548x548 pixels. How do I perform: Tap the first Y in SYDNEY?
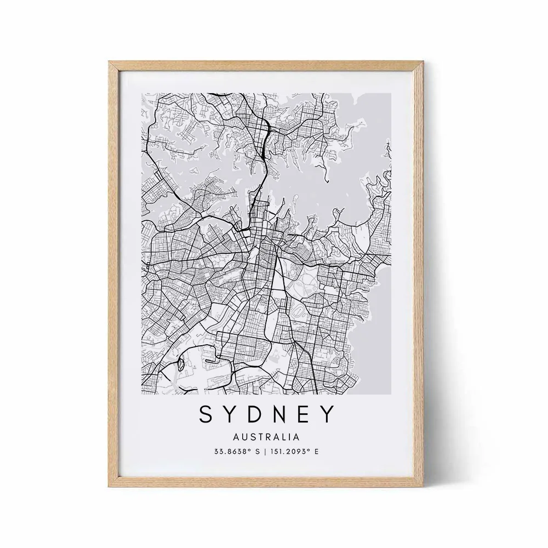232,415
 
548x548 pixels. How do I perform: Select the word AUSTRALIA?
267,437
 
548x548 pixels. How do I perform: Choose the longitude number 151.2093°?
288,452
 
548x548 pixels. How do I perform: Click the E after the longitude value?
316,452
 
